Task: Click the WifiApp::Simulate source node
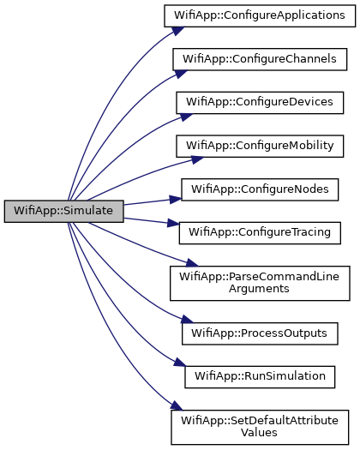point(63,211)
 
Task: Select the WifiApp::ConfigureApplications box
point(260,15)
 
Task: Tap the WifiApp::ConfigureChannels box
point(260,59)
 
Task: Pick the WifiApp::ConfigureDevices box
point(260,103)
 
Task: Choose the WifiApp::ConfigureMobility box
point(260,146)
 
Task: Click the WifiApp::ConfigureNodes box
point(260,189)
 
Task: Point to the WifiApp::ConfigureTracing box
point(260,233)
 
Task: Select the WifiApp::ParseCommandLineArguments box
point(260,283)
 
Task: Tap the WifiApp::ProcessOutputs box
point(260,333)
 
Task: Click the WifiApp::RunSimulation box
point(260,377)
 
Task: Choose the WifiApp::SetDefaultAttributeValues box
point(260,428)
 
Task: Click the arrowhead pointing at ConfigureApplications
point(178,30)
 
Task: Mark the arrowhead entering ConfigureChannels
point(181,74)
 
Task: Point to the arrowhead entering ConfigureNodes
point(175,199)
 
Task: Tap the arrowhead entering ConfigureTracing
point(173,223)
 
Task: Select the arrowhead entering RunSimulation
point(180,363)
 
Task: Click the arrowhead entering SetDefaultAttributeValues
point(177,405)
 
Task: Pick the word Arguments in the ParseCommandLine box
point(259,289)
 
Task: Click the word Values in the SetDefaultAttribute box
point(259,433)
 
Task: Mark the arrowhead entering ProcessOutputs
point(187,319)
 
